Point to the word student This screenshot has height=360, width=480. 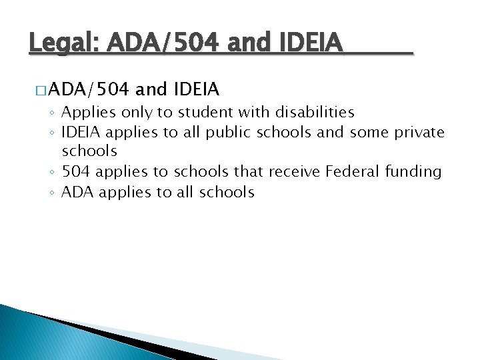202,112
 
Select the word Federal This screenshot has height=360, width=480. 353,172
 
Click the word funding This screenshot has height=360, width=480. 413,173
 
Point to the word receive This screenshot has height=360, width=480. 294,172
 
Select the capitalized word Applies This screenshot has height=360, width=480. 86,113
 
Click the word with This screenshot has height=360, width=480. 247,112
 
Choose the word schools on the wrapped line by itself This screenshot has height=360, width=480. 89,152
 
